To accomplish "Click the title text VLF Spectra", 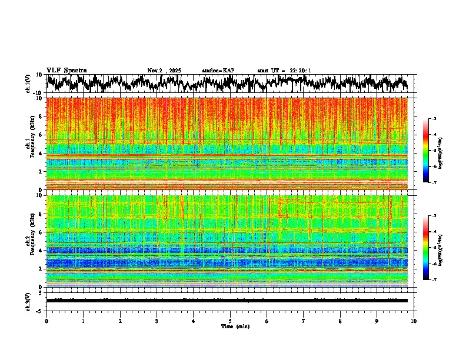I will (66, 70).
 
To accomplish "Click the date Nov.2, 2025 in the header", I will (164, 71).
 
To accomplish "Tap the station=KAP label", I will (218, 71).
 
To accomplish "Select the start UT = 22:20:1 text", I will (284, 71).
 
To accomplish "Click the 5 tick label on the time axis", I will (230, 321).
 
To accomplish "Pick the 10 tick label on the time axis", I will (414, 321).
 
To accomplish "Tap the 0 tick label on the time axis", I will (46, 321).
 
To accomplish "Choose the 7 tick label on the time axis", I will (304, 321).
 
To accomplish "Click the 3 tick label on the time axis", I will (157, 321).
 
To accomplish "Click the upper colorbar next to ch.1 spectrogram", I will (431, 151).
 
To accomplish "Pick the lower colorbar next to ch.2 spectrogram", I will (431, 248).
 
